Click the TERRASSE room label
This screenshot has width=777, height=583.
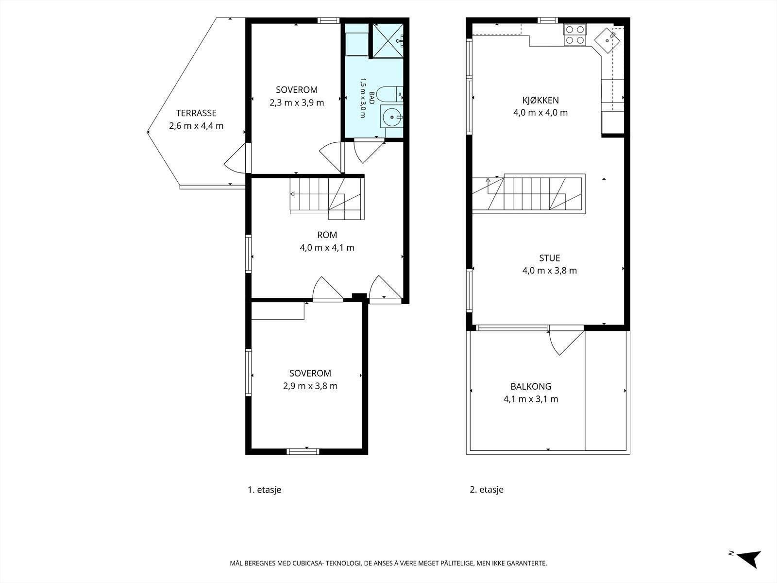[x=196, y=113]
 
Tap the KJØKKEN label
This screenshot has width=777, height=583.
[x=541, y=100]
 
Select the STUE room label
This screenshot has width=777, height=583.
[x=550, y=258]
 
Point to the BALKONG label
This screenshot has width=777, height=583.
[x=531, y=386]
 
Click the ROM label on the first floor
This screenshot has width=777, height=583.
[x=327, y=235]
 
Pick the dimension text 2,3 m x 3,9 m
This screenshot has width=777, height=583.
[x=297, y=103]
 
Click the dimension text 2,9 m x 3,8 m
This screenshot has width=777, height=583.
[x=310, y=386]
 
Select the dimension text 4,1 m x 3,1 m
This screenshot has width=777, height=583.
[x=531, y=399]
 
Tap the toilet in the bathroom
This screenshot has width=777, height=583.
[x=389, y=95]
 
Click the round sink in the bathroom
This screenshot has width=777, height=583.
[x=392, y=116]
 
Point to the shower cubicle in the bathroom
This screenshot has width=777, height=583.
[x=388, y=40]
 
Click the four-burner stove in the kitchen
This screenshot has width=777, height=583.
[x=575, y=34]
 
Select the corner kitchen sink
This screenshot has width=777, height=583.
[x=608, y=40]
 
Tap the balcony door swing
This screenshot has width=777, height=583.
[x=566, y=343]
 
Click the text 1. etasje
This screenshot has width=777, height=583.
[x=265, y=490]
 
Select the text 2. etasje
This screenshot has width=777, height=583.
[x=487, y=490]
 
